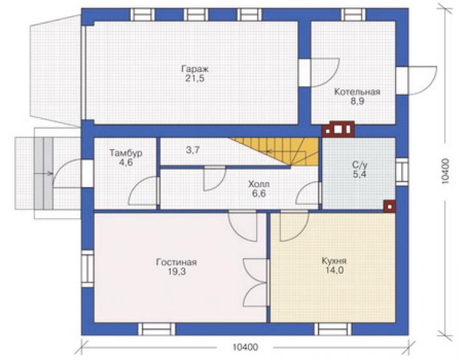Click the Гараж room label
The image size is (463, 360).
coord(195,69)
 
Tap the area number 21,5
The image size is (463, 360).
coord(195,79)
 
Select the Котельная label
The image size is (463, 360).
coord(357,92)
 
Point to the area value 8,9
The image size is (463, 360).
coord(357,101)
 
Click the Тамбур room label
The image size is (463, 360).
coord(126,153)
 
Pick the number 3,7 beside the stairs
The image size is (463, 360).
coord(193,150)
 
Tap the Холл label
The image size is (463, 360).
coord(259,185)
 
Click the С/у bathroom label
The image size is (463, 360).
coord(360,165)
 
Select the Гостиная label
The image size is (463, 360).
coord(176,262)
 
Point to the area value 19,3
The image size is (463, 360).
coord(177,272)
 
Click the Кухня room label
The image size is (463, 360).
coord(334,261)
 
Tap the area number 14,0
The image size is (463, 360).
coord(334,270)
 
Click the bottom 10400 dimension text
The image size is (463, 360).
coord(245,347)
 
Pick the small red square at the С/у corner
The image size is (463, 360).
coord(389,207)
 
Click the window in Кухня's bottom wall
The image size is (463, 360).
coord(333,329)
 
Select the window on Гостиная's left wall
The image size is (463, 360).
coord(88,269)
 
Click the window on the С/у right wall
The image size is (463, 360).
coord(402,172)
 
